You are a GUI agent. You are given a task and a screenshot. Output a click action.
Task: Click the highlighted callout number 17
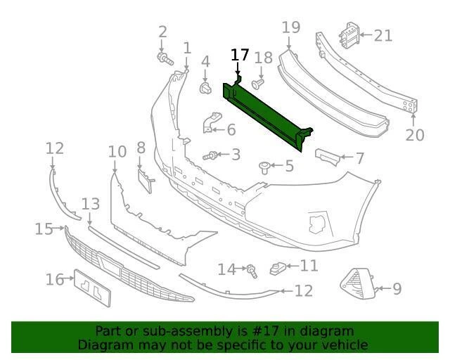[x=240, y=56]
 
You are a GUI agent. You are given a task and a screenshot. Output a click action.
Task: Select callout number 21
[x=383, y=34]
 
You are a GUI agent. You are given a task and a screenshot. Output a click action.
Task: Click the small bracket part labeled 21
[x=349, y=35]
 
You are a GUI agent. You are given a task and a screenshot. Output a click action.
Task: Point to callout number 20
[x=415, y=134]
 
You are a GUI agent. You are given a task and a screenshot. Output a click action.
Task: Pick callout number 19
[x=291, y=28]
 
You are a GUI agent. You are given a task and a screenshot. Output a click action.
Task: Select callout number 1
[x=187, y=48]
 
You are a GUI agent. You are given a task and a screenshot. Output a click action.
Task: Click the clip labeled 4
[x=205, y=88]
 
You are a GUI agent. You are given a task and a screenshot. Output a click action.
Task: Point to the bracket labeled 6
[x=210, y=124]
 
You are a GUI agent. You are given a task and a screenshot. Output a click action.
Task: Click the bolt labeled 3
[x=210, y=155]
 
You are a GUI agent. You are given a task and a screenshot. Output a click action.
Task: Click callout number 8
[x=141, y=148]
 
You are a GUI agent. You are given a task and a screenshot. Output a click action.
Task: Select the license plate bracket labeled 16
[x=93, y=286]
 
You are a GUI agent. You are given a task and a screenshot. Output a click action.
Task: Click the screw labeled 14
[x=250, y=269]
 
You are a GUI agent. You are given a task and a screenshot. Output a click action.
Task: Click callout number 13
[x=91, y=204]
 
